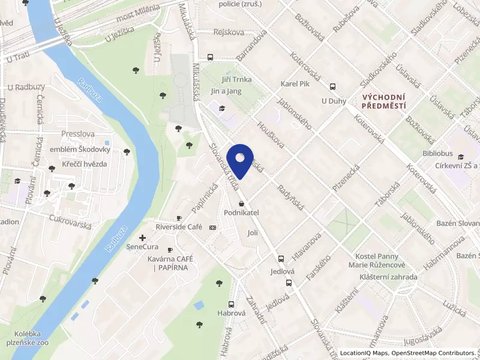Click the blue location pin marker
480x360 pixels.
240,160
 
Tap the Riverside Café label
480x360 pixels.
179,227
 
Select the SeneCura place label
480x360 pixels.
142,247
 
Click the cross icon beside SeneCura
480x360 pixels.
142,238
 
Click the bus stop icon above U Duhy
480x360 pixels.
333,86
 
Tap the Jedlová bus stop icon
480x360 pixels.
281,259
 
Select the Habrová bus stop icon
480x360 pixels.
232,304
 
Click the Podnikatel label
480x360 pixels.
241,213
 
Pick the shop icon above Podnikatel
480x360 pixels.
241,204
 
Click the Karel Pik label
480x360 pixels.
295,84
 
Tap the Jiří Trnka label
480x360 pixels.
236,79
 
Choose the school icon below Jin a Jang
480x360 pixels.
223,109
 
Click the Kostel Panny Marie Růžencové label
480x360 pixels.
377,260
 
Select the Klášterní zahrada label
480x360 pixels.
388,277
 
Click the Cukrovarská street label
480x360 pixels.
71,222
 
